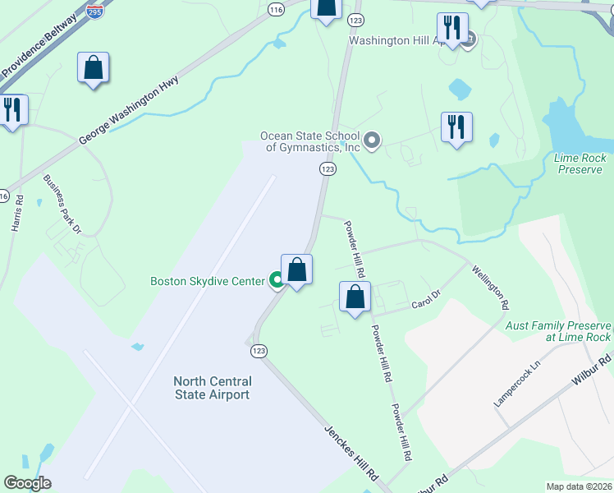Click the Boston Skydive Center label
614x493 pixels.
click(x=207, y=281)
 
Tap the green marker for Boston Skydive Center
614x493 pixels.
click(x=277, y=281)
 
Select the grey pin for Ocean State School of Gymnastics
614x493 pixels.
click(x=372, y=141)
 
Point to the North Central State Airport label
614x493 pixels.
click(x=212, y=388)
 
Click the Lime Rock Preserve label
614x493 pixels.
click(x=580, y=164)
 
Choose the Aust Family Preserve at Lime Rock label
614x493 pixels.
click(x=558, y=331)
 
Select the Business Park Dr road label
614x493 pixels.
click(x=62, y=204)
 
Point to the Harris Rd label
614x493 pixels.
click(x=17, y=213)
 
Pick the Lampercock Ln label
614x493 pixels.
click(x=518, y=384)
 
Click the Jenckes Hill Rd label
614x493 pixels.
click(x=351, y=452)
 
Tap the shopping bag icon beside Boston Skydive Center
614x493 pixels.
click(x=296, y=270)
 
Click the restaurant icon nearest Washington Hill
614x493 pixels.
click(x=451, y=28)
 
